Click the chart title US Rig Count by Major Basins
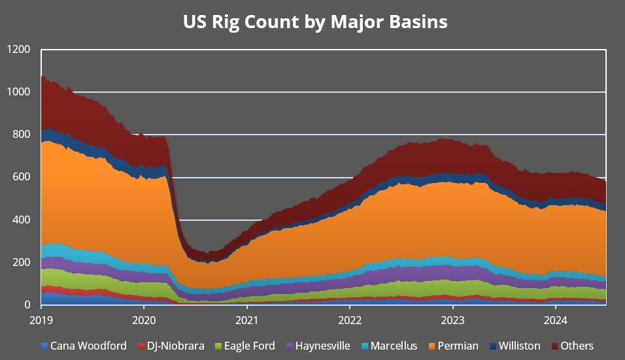(x=315, y=22)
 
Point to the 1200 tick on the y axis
(x=19, y=50)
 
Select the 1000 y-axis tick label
(x=19, y=92)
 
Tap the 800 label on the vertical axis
(x=22, y=135)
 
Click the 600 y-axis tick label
(x=22, y=177)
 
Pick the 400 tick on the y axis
(x=22, y=220)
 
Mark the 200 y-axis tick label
(x=22, y=262)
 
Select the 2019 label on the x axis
(x=41, y=321)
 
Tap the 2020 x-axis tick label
(x=144, y=321)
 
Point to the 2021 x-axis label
(x=246, y=321)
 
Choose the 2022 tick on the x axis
(x=349, y=321)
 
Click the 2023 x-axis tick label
(x=452, y=321)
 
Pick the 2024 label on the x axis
(x=555, y=321)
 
